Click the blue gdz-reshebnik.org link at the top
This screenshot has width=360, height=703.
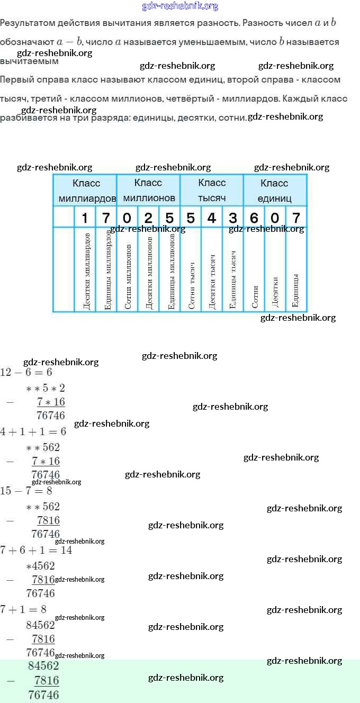(180, 6)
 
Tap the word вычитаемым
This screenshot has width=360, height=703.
(29, 61)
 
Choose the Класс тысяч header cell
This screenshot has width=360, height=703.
(212, 190)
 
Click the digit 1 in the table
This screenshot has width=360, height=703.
(85, 218)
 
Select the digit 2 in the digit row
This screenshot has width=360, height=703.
(148, 218)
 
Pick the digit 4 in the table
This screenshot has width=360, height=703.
(212, 218)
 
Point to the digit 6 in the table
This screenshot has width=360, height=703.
(254, 218)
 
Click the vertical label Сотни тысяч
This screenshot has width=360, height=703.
(192, 286)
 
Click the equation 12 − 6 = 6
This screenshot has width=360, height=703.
(26, 372)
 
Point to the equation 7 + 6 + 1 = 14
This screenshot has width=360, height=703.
(36, 550)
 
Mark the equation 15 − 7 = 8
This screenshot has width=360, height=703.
(26, 491)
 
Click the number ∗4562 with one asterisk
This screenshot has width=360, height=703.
(40, 565)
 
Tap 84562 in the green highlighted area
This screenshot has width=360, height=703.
(43, 666)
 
